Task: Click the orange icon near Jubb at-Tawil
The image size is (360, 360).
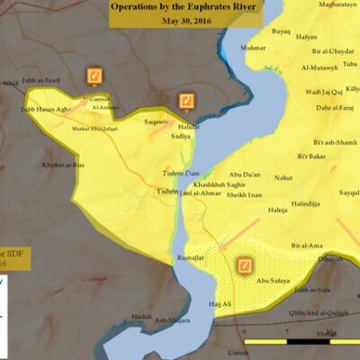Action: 94,76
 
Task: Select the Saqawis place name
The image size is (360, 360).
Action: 157,121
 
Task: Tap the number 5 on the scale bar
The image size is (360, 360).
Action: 285,333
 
